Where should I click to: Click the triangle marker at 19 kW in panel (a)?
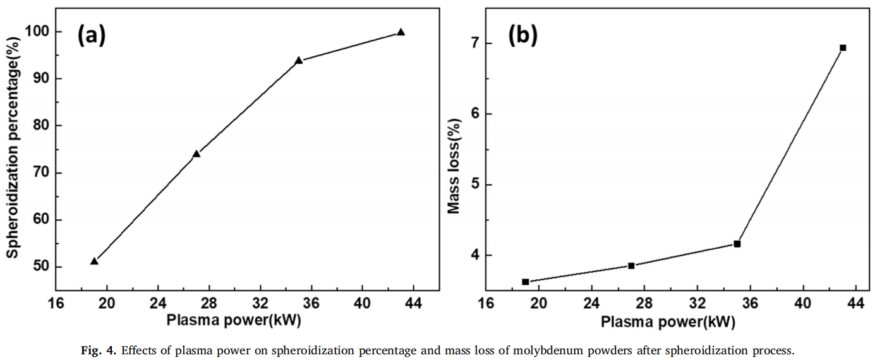94,261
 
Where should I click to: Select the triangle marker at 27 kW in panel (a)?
196,153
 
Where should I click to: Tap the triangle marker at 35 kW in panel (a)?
299,61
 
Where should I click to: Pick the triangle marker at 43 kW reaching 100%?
401,32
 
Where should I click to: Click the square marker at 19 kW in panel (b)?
525,282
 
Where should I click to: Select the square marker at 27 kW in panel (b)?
631,265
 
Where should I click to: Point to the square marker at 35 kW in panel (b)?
737,244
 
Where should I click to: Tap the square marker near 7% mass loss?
843,47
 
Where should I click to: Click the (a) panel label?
92,35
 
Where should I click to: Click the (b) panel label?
523,35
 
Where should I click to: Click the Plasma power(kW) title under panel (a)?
234,320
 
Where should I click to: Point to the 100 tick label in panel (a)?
40,32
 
